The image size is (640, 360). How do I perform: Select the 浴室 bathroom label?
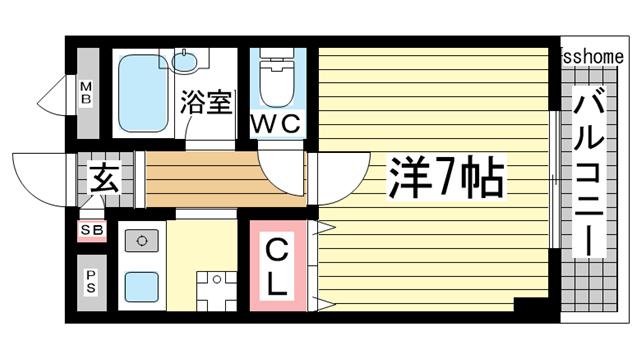(207, 102)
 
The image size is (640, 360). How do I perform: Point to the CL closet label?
(276, 263)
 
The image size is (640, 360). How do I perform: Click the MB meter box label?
(87, 94)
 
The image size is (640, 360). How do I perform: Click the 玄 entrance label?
(103, 181)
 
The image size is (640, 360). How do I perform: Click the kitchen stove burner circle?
(141, 241)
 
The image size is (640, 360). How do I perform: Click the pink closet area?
(276, 262)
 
